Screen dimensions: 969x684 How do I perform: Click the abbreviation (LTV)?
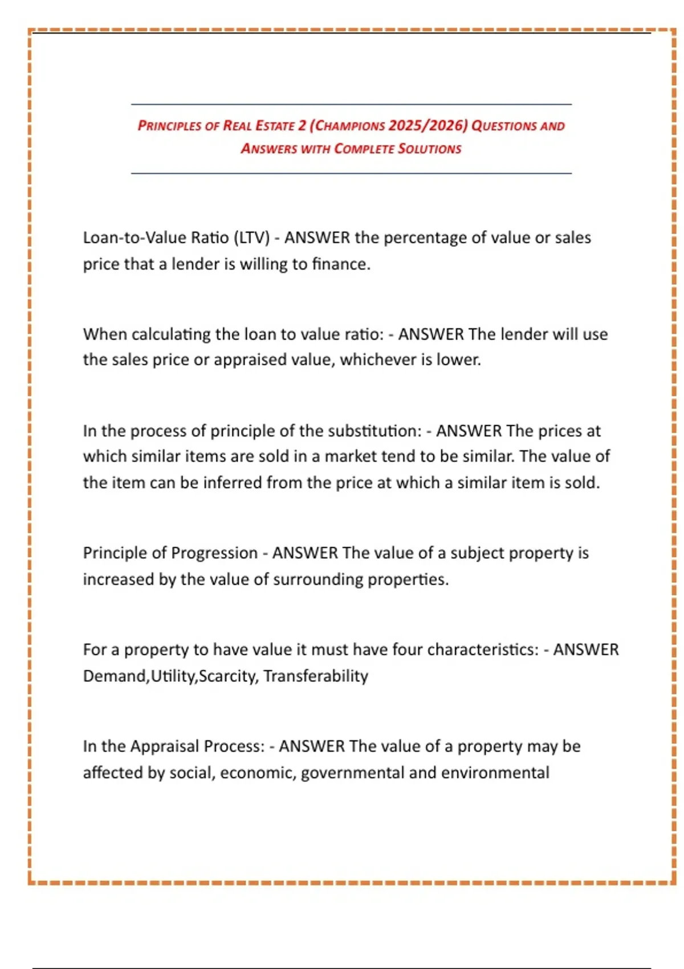251,238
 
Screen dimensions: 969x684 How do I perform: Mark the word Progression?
214,553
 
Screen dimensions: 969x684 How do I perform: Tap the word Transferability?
316,676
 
